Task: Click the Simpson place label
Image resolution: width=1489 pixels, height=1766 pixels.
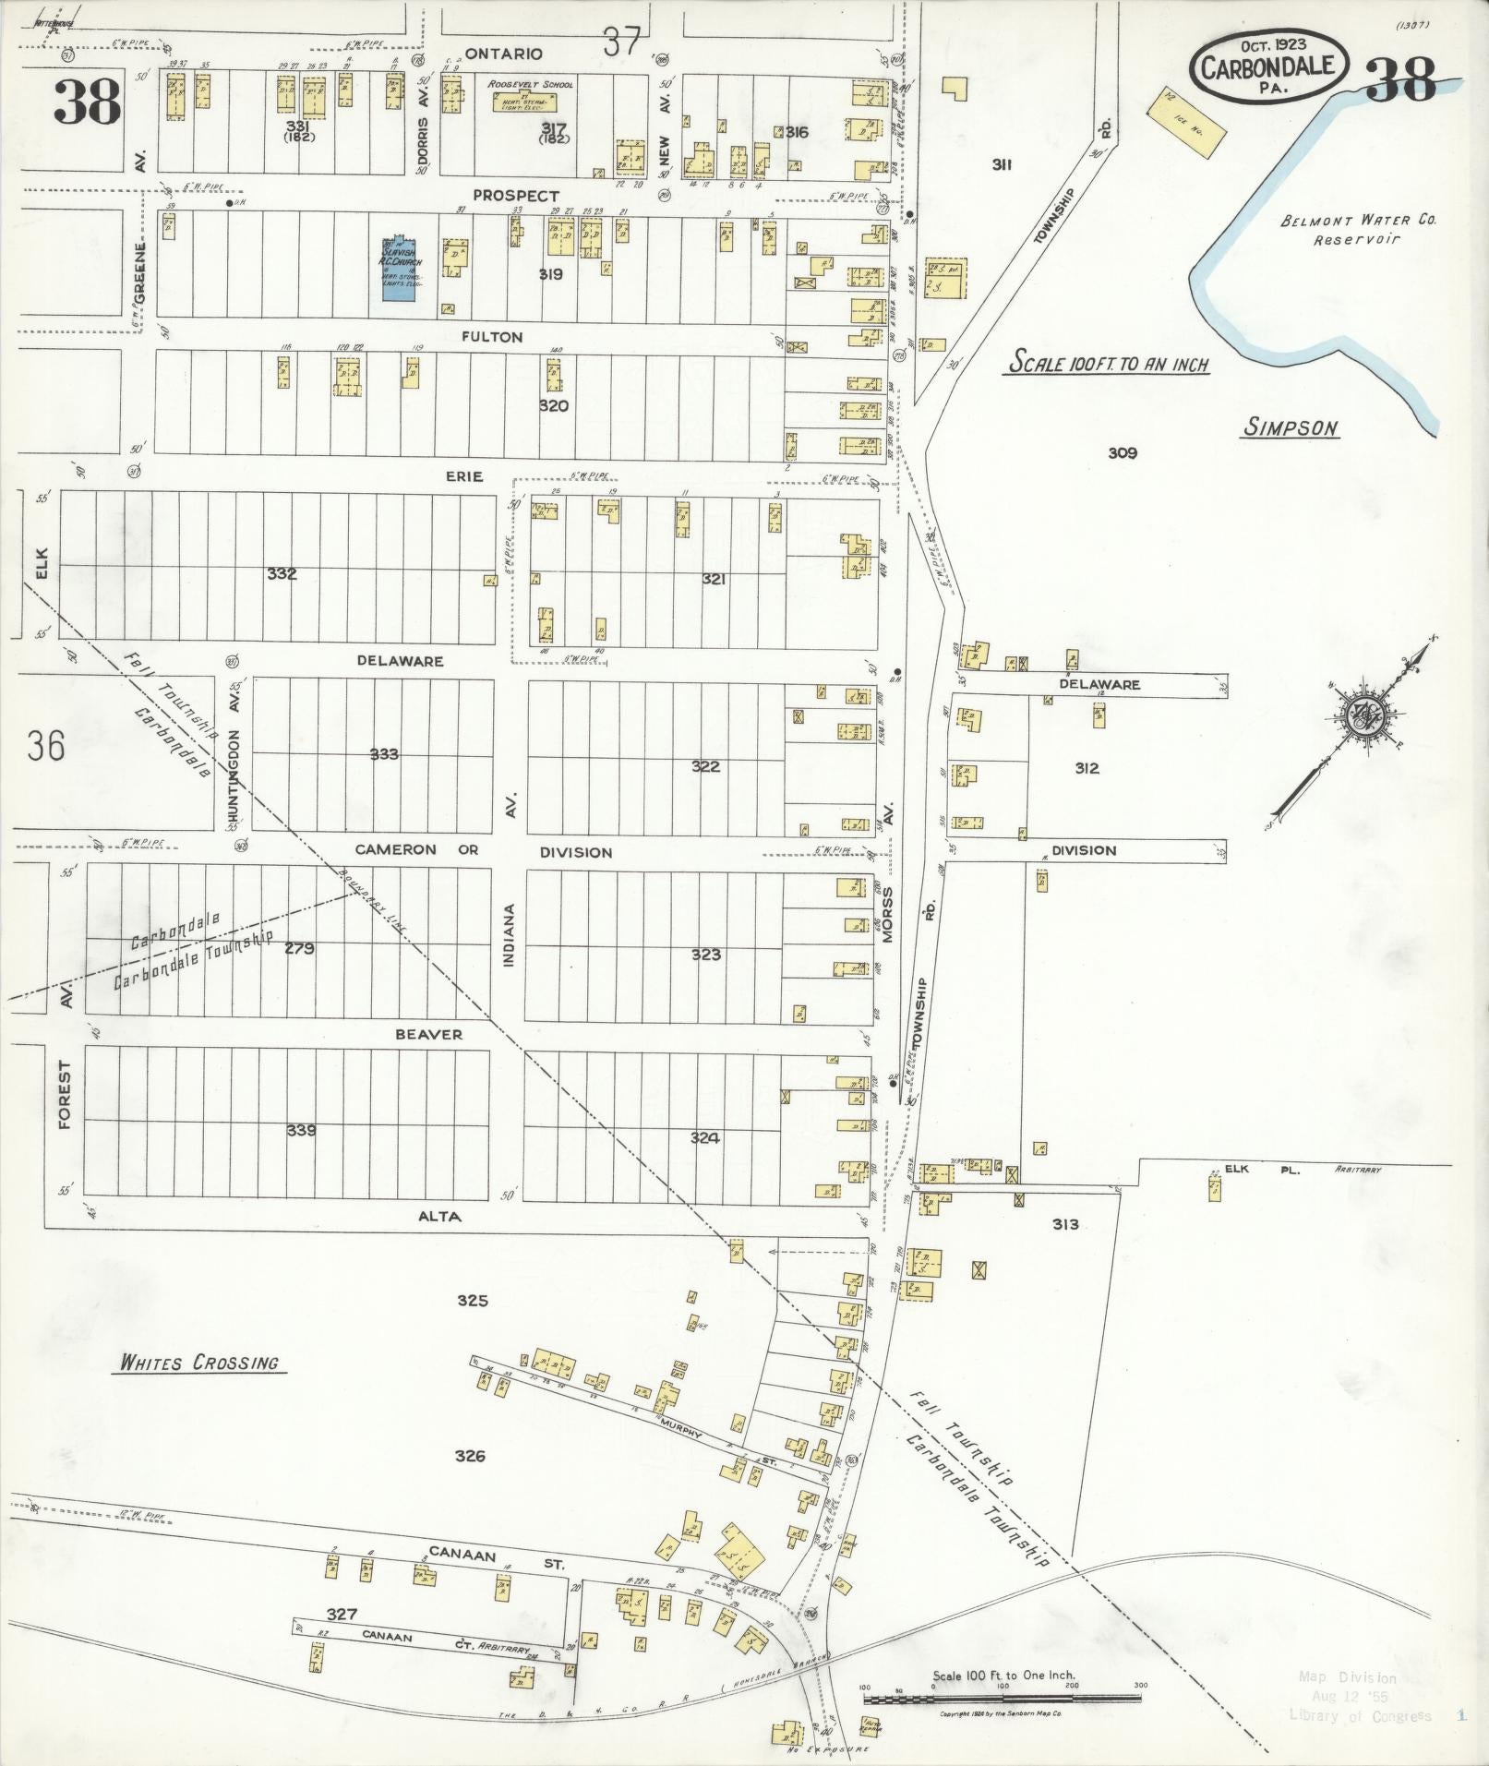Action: pyautogui.click(x=1290, y=427)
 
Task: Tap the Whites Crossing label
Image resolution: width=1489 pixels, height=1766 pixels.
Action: pyautogui.click(x=198, y=1363)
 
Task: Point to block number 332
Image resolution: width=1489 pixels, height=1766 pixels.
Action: pyautogui.click(x=282, y=574)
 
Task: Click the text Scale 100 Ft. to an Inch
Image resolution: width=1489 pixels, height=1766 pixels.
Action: pyautogui.click(x=1107, y=363)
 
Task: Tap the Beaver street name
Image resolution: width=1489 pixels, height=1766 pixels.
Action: pyautogui.click(x=428, y=1034)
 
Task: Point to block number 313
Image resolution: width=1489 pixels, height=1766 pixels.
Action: pyautogui.click(x=1064, y=1224)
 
